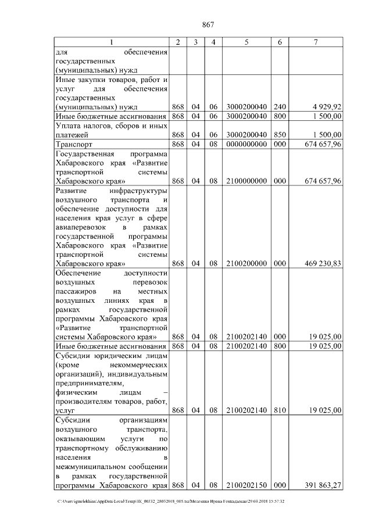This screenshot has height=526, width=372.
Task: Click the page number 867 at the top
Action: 208,24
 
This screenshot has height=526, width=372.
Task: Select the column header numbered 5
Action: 246,42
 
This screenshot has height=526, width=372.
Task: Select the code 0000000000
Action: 246,144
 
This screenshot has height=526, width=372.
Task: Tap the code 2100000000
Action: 246,181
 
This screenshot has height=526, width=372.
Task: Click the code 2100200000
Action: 246,263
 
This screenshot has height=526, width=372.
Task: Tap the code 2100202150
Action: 246,485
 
